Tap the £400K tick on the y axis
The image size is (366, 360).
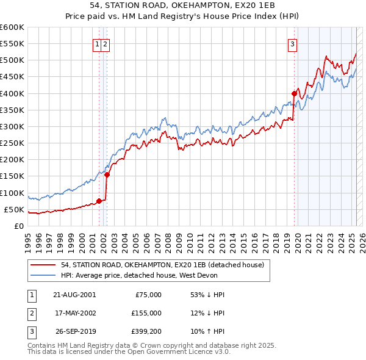[13, 93]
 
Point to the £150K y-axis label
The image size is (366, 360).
[13, 176]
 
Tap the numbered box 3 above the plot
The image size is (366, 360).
[293, 44]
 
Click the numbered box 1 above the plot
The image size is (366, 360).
[97, 44]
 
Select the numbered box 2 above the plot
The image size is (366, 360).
[106, 44]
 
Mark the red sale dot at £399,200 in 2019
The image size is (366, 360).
[294, 94]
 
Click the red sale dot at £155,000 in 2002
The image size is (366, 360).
[107, 175]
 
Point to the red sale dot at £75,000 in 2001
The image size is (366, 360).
[99, 201]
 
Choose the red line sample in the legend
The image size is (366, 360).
[43, 265]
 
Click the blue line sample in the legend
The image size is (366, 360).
[43, 275]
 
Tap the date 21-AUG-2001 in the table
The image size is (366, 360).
[74, 295]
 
